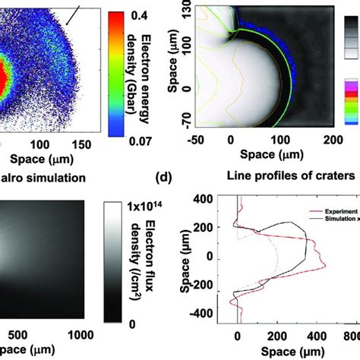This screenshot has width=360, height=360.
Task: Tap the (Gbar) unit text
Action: [157, 87]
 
